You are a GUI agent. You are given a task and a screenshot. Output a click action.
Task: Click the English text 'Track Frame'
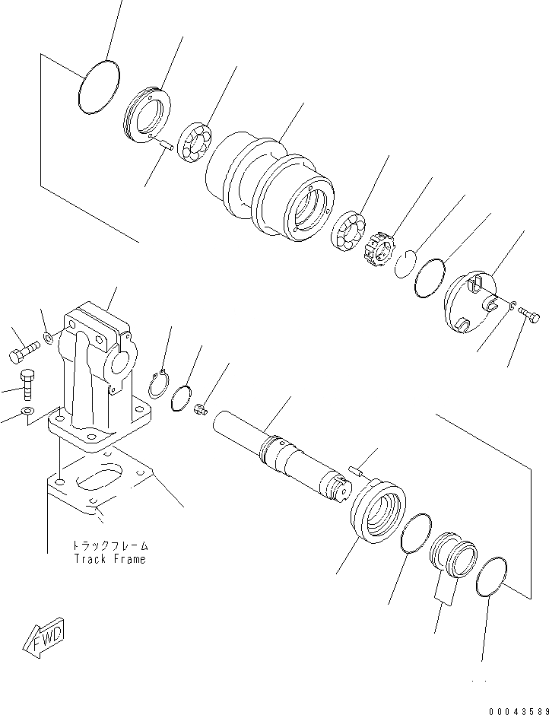[x=109, y=559]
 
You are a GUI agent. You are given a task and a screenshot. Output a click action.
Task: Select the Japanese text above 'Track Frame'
[x=109, y=546]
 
